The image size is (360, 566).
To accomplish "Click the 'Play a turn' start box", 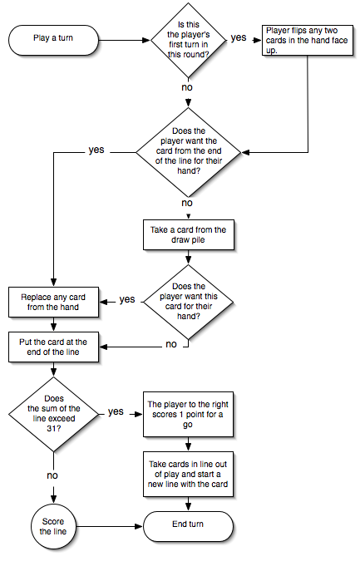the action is [53, 40].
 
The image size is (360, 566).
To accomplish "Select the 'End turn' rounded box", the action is [188, 526].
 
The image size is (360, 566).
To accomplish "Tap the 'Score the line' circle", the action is [53, 526].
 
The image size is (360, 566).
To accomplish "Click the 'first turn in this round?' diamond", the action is [188, 40].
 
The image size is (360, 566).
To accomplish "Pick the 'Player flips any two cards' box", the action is [308, 40].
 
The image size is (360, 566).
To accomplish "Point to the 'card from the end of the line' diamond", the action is [188, 152].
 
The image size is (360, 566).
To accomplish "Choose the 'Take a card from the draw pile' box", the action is [189, 234].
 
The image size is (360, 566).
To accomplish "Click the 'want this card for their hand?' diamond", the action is [188, 302].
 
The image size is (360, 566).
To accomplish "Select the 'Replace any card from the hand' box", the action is [53, 303].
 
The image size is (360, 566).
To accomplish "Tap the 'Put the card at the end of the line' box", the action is [53, 347].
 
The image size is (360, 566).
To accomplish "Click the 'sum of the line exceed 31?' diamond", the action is [53, 414].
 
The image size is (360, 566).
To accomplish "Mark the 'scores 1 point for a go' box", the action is [188, 414].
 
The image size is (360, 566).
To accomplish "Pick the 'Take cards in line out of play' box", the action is [188, 474].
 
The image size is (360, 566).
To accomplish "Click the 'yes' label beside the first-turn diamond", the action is [239, 37].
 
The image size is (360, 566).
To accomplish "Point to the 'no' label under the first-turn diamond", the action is [187, 87].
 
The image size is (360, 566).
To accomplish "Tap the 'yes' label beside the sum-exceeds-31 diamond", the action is [116, 411].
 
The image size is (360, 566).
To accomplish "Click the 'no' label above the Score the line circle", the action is [52, 475].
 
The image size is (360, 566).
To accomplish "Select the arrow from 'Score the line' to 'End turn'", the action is [110, 526].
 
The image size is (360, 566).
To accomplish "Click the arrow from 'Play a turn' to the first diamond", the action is [124, 40].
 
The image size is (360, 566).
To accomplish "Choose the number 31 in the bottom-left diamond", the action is [53, 429].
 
